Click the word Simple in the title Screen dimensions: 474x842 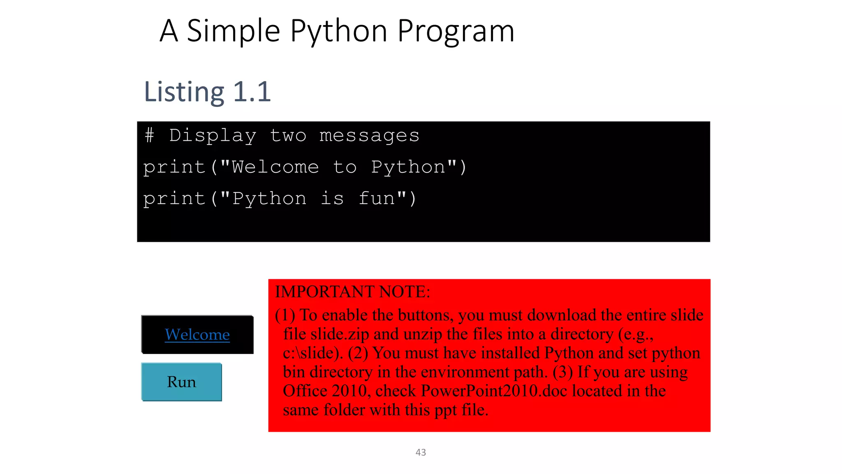(233, 31)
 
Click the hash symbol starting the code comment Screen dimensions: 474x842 (150, 135)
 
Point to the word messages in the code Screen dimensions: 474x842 (369, 135)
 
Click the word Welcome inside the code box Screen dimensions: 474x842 (275, 167)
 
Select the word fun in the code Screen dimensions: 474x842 (377, 199)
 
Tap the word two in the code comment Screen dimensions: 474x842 (288, 135)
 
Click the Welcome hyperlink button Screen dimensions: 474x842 (197, 335)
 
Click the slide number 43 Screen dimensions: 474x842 (421, 452)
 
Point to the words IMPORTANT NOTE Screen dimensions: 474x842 (352, 292)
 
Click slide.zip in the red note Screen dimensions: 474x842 (340, 334)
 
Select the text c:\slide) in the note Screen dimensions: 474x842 (312, 353)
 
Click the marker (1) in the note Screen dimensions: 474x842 (285, 315)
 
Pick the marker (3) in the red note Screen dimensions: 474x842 (562, 372)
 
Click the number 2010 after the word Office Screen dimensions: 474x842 (349, 391)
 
